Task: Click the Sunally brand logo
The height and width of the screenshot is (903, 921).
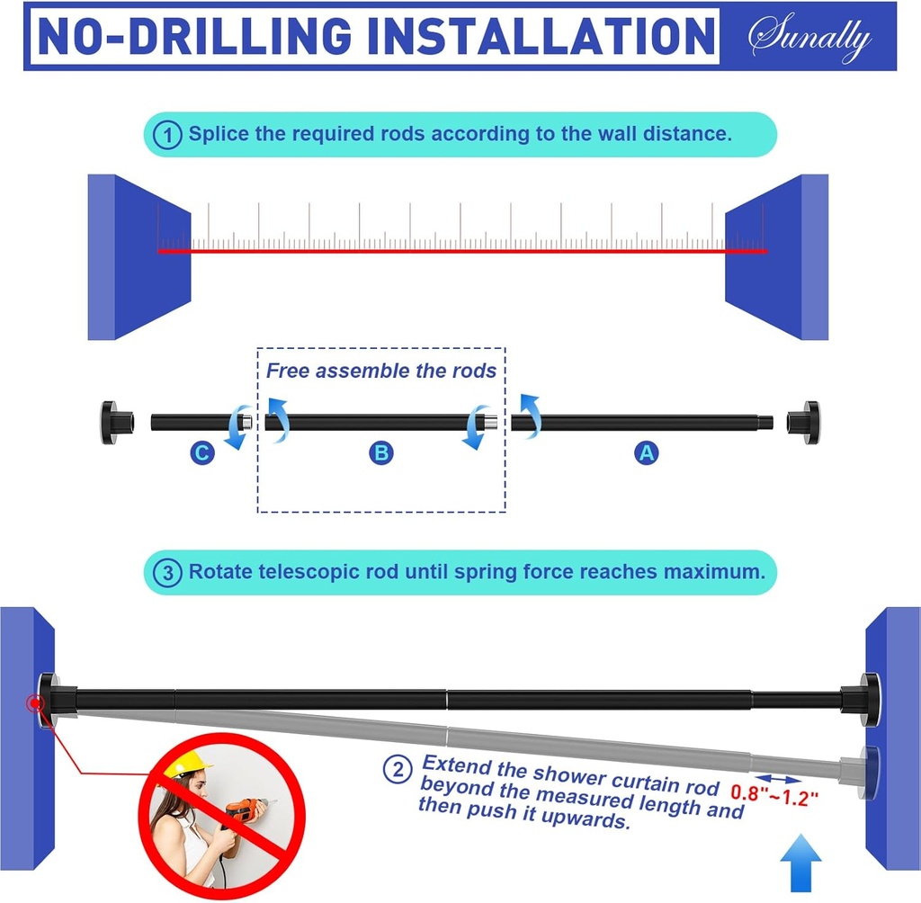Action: point(810,36)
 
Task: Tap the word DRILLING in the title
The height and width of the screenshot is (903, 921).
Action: point(240,36)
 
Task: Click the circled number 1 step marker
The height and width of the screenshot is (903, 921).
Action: point(167,135)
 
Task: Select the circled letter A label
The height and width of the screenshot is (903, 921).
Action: point(646,453)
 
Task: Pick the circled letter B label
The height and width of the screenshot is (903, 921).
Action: point(381,453)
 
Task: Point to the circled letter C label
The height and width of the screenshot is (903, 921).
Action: point(202,453)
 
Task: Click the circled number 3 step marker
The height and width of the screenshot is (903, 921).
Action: point(167,573)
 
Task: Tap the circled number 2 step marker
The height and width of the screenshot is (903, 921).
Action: point(398,769)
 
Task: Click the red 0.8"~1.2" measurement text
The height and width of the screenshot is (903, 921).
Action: point(774,795)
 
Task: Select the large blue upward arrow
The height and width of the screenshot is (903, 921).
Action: point(800,863)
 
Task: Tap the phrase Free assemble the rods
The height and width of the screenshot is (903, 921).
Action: point(381,371)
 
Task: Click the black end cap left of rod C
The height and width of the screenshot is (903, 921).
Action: point(116,423)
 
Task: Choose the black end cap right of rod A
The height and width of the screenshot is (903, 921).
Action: point(803,423)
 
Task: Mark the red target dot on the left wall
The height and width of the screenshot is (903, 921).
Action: point(35,702)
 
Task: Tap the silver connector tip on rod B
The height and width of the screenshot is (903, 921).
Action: point(490,422)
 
